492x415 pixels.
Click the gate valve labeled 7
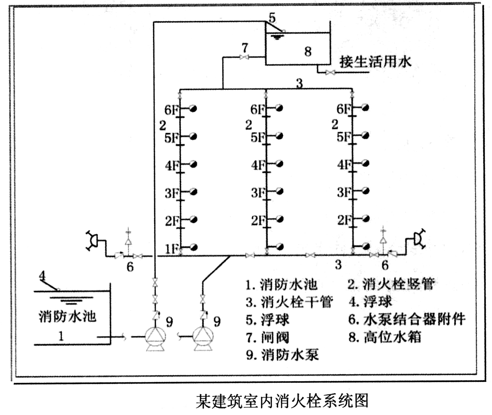tap(244, 57)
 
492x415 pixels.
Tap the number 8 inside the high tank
tap(308, 52)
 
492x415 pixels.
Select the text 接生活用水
tap(376, 62)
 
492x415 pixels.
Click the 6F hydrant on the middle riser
tap(279, 108)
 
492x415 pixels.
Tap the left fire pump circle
tap(155, 337)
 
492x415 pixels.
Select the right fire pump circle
tap(203, 337)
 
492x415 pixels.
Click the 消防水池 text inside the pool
tap(67, 316)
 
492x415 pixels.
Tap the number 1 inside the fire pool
tap(61, 336)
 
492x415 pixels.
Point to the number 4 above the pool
tap(42, 275)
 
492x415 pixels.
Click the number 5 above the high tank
tap(272, 18)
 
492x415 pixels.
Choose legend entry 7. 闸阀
tap(267, 337)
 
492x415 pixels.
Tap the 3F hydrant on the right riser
tap(365, 191)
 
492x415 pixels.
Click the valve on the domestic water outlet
tap(330, 72)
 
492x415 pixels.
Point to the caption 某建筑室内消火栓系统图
tap(282, 401)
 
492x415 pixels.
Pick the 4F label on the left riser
tap(172, 165)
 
